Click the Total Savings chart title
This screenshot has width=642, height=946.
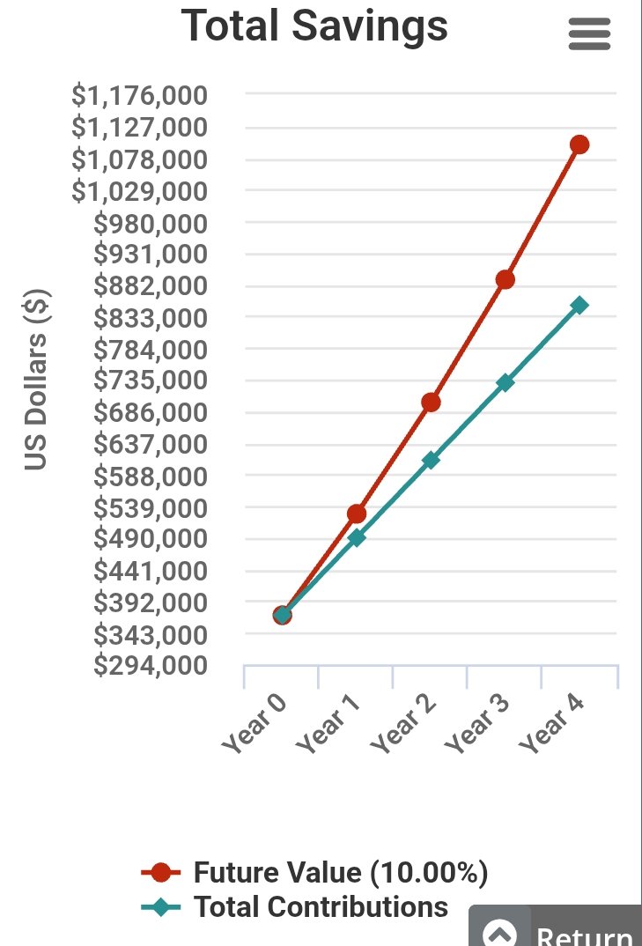pos(314,26)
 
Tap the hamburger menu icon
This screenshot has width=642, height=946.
pos(589,33)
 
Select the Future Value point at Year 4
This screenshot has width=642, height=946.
pos(579,144)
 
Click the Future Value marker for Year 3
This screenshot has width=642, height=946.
pos(505,279)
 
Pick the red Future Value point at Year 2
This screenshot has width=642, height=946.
pos(431,403)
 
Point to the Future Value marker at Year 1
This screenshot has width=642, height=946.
pos(357,514)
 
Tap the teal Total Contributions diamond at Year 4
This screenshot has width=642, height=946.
pos(579,306)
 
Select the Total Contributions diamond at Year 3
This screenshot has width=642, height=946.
pos(505,382)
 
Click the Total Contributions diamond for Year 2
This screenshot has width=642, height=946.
pos(431,461)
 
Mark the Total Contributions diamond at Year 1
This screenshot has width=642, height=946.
pos(357,537)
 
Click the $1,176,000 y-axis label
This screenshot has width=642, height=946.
pos(139,95)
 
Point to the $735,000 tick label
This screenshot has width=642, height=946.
pos(151,381)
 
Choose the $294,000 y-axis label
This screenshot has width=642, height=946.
pos(151,665)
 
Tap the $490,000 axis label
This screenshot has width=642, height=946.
pos(151,538)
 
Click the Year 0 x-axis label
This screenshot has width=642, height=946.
pos(255,724)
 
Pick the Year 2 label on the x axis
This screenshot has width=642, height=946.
pos(403,724)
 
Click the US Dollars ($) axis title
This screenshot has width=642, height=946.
pos(36,381)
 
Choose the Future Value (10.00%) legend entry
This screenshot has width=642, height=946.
pos(314,872)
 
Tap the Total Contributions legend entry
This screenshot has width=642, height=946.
pos(295,906)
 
